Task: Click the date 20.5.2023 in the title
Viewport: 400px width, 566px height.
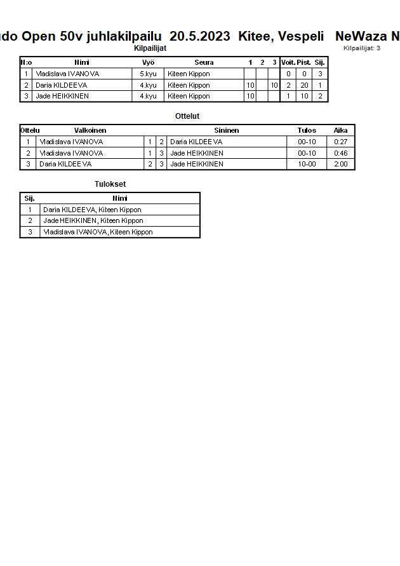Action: (x=199, y=37)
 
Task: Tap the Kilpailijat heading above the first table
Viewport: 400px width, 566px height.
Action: (x=150, y=48)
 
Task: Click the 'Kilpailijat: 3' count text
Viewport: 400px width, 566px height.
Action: (x=362, y=48)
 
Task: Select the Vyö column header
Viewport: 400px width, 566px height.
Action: (x=148, y=62)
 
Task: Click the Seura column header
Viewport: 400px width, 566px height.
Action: (x=204, y=62)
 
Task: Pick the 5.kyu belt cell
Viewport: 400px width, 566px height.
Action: (x=148, y=74)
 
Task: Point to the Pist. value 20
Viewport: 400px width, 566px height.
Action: (x=304, y=85)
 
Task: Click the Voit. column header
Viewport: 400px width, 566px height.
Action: (x=288, y=62)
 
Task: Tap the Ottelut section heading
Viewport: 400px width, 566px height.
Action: (x=187, y=116)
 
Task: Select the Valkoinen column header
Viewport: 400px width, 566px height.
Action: (x=90, y=130)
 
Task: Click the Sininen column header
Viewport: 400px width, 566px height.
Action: (x=226, y=130)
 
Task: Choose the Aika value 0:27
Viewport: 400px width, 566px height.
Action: (x=341, y=142)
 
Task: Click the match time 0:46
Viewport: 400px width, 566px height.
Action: (x=341, y=153)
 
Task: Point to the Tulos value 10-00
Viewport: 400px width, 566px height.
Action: (x=307, y=164)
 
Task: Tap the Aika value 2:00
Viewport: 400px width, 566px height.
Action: (x=341, y=164)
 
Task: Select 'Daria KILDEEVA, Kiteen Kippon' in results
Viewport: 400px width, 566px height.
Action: (x=92, y=210)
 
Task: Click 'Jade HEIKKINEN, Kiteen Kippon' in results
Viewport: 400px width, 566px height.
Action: (x=93, y=220)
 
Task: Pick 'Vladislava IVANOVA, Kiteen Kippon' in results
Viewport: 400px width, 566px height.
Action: (x=98, y=232)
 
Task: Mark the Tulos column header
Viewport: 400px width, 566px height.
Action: (x=307, y=130)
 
